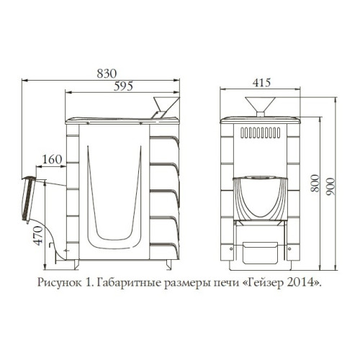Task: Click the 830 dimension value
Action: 107,73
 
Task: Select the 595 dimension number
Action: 123,86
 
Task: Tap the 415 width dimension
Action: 261,83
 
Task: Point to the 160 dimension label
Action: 52,159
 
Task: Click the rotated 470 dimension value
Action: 39,235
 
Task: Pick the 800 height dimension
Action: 315,183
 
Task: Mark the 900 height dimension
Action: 330,186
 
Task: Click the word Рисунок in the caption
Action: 59,282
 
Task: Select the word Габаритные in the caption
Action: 130,283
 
